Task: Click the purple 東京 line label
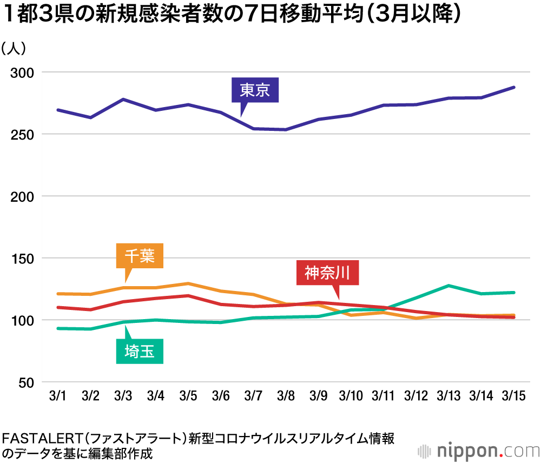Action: click(255, 90)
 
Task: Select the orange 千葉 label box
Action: click(140, 256)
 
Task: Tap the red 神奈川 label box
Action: click(327, 273)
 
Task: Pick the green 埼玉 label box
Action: click(140, 352)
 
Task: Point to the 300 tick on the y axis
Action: click(23, 72)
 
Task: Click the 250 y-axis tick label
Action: click(23, 134)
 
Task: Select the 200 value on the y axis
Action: click(23, 196)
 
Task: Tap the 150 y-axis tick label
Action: click(23, 259)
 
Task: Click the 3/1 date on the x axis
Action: click(57, 396)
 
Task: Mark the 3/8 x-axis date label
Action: click(286, 396)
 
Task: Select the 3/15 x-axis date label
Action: click(513, 396)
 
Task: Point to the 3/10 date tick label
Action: click(351, 396)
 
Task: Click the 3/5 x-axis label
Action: click(188, 396)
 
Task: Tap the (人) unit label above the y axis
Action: click(13, 49)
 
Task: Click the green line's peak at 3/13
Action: click(448, 286)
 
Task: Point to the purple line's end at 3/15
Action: click(513, 87)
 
